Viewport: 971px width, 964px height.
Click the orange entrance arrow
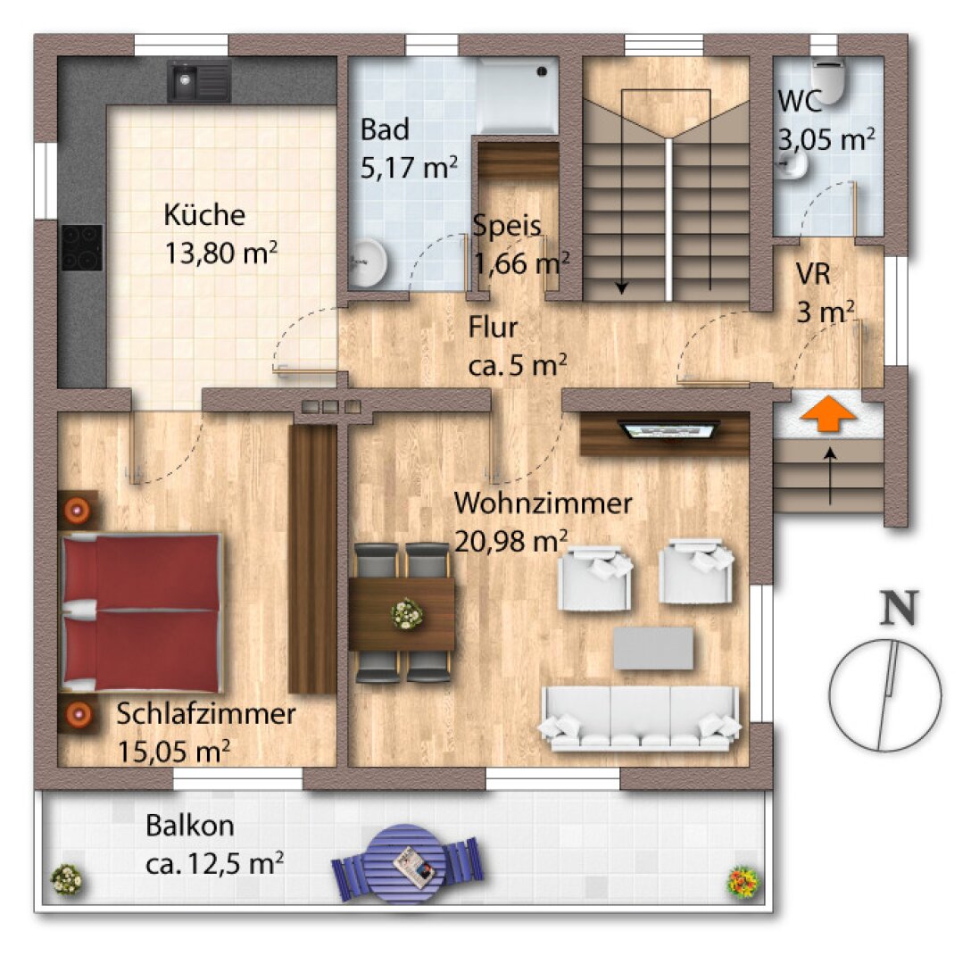828,414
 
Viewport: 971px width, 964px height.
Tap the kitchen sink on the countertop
199,81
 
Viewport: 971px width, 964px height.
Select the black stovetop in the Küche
82,247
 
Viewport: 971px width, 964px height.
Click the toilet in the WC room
828,79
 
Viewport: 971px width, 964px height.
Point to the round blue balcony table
406,864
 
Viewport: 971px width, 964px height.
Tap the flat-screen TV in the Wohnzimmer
668,430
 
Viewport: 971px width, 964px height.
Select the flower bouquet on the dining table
407,614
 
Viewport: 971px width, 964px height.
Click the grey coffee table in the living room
653,648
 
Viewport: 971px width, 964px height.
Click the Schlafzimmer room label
205,714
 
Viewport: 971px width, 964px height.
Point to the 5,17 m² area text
409,167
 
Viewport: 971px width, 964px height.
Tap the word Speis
507,226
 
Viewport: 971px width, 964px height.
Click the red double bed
141,612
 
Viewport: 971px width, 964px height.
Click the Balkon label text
189,826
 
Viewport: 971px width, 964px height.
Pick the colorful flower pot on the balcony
743,880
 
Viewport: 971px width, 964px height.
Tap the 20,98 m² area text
510,542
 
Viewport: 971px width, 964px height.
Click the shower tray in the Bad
517,95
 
